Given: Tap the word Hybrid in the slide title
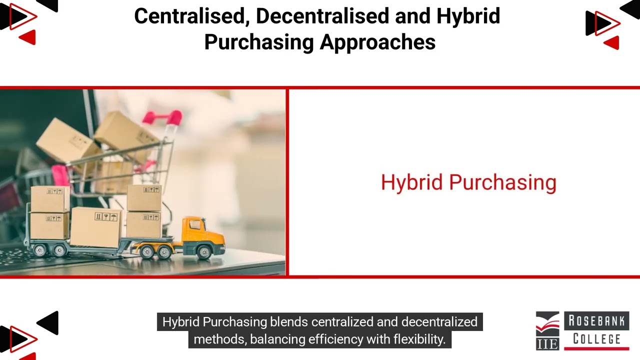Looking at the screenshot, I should [x=468, y=16].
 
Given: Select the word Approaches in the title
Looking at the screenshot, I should [x=377, y=42].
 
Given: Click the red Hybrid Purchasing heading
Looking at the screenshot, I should [x=468, y=182].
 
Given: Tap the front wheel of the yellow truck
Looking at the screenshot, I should [x=203, y=251].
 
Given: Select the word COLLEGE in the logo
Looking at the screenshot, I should [x=596, y=339].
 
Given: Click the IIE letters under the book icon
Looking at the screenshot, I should [x=547, y=343].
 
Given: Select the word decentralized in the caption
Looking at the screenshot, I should [x=439, y=321].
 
